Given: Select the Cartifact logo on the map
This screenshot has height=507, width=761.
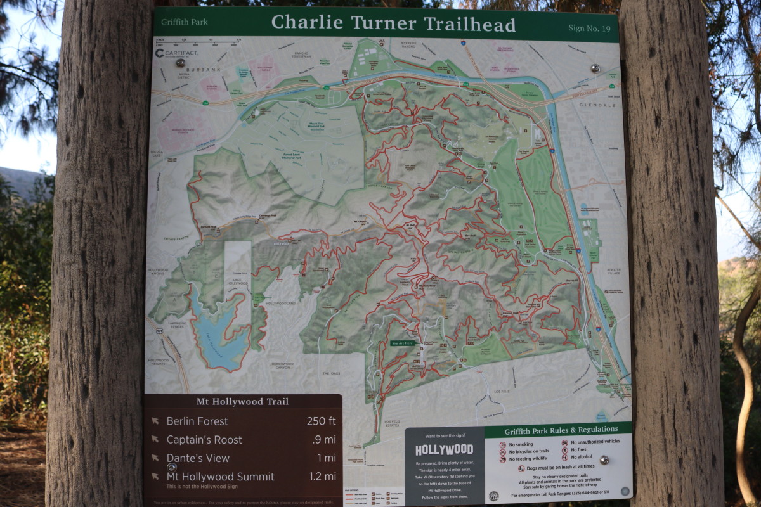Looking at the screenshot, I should (x=177, y=53).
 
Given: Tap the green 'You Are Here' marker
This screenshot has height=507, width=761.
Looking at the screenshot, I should (x=403, y=343).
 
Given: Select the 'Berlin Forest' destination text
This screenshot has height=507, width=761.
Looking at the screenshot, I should (x=197, y=421).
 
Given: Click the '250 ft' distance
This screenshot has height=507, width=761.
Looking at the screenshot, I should (x=321, y=421).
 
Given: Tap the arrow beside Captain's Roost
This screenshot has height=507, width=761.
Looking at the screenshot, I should (x=155, y=439).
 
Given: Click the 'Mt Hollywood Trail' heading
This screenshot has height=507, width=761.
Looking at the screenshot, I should (x=242, y=401).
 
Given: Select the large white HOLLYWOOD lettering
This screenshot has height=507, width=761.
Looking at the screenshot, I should (x=444, y=450).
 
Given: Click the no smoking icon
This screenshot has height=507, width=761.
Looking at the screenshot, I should (x=502, y=445).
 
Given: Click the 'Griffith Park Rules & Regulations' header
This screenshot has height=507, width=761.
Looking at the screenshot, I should (x=558, y=430).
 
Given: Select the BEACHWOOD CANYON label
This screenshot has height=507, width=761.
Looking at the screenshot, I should (x=281, y=366).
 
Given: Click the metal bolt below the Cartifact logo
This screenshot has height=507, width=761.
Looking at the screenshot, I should (x=180, y=63).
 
